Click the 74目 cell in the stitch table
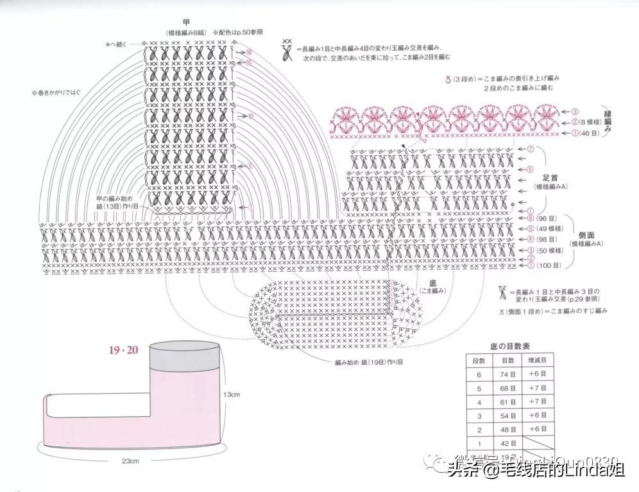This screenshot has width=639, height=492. (x=509, y=376)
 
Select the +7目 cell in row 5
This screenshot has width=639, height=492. (x=538, y=389)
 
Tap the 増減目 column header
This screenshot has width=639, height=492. (x=538, y=361)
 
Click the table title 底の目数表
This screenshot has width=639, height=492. (x=510, y=346)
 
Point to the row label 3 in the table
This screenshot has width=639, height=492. (x=479, y=416)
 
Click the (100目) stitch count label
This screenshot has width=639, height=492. (x=549, y=265)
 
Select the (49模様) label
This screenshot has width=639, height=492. (x=552, y=229)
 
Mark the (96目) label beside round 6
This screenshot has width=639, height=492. (x=547, y=218)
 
